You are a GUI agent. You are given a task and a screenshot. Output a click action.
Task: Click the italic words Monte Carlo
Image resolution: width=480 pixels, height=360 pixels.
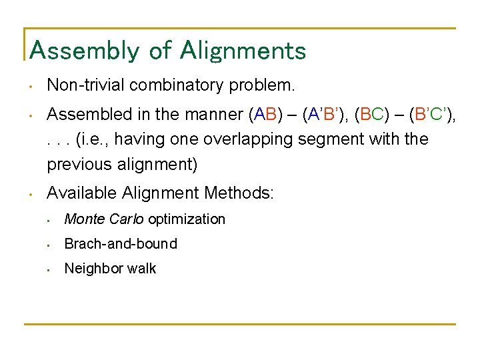point(104,219)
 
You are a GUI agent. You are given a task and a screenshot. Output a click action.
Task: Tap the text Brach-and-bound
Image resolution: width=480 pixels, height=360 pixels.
point(121,244)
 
